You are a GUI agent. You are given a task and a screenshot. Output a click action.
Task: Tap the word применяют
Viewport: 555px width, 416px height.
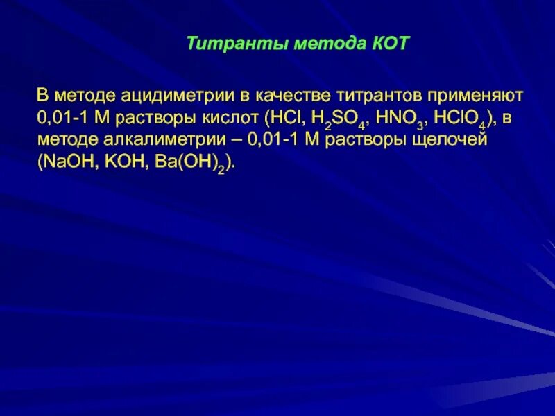471,94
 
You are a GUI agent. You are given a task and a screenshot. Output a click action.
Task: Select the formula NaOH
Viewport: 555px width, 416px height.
64,161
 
